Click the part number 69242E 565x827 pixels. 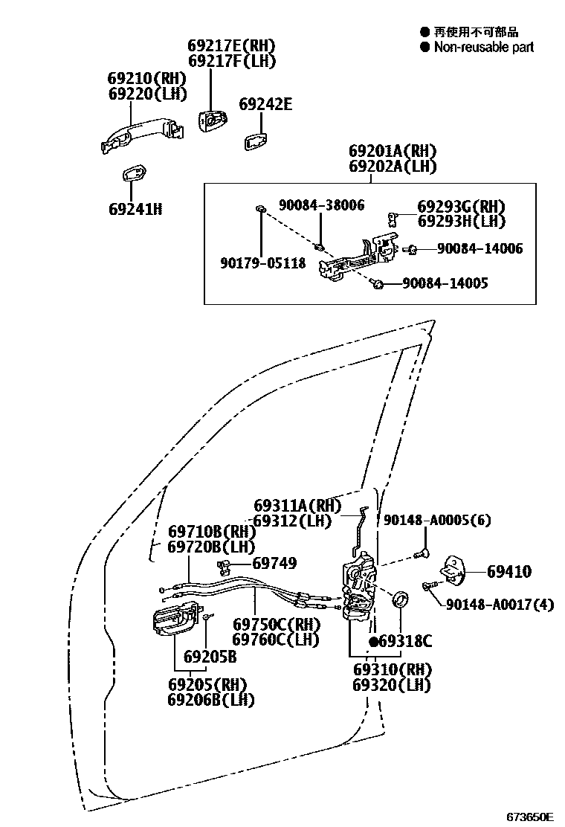pos(265,104)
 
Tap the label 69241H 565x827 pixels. pos(135,209)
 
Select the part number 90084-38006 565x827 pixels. pos(321,205)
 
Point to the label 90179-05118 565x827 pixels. pos(263,263)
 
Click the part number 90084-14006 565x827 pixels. pos(480,248)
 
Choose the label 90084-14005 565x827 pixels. pos(445,283)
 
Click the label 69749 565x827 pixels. pos(274,563)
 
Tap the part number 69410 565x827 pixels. pos(509,571)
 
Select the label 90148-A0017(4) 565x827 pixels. pos(500,604)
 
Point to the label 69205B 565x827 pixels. pos(210,657)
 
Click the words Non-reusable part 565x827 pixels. pos(484,48)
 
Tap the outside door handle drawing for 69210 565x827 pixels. pos(142,135)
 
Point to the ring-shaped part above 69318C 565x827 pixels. pos(401,599)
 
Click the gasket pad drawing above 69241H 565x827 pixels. pos(134,173)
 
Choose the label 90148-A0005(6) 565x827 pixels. pos(437,520)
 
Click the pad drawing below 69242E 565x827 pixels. pos(256,141)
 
